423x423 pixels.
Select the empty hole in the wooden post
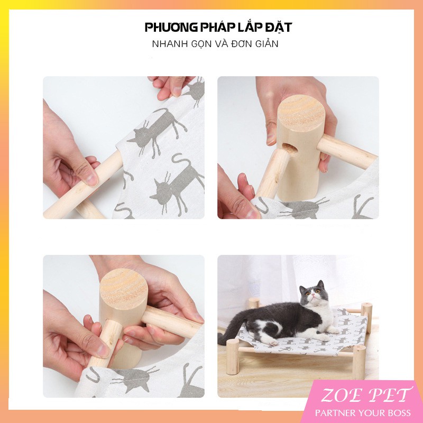point(289,148)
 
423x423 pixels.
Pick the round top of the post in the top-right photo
point(300,113)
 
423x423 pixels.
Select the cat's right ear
point(320,284)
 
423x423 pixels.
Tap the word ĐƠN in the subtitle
point(242,44)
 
